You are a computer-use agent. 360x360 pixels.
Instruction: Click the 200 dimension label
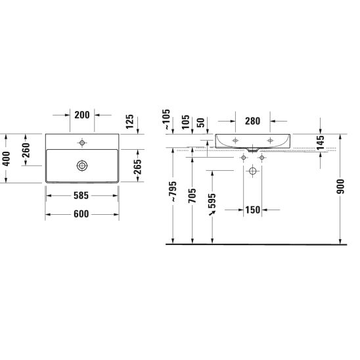pyautogui.click(x=82, y=115)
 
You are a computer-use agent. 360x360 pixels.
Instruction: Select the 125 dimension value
pyautogui.click(x=129, y=122)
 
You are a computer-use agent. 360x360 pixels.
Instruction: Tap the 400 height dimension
pyautogui.click(x=6, y=158)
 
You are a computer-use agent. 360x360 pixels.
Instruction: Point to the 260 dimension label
pyautogui.click(x=26, y=150)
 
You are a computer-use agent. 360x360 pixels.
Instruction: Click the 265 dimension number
pyautogui.click(x=137, y=166)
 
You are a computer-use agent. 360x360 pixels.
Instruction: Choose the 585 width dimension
pyautogui.click(x=81, y=196)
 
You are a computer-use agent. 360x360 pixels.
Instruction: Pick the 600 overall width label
pyautogui.click(x=81, y=214)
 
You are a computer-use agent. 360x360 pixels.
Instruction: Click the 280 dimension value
pyautogui.click(x=252, y=121)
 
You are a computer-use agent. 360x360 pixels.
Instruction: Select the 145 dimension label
pyautogui.click(x=321, y=143)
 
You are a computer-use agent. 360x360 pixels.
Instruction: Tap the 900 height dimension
pyautogui.click(x=340, y=187)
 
